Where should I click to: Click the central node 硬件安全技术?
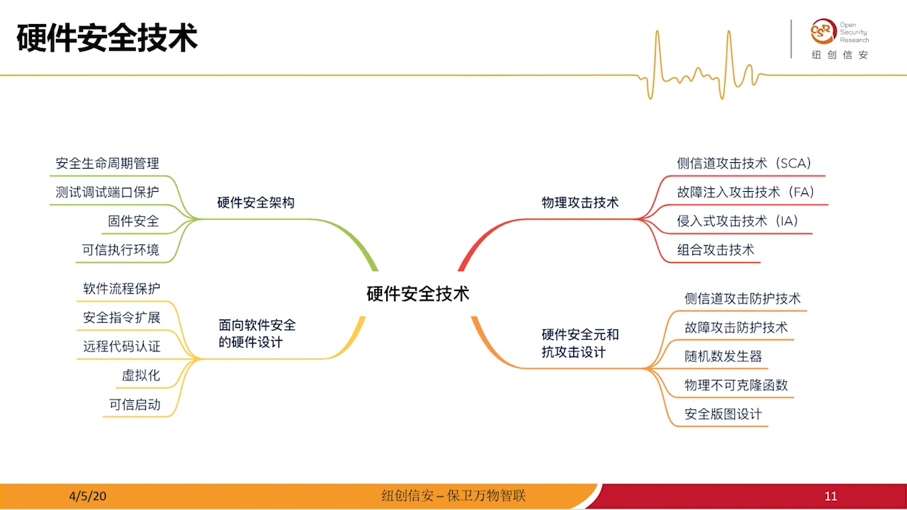pyautogui.click(x=417, y=294)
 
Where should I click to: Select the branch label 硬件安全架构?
pyautogui.click(x=255, y=203)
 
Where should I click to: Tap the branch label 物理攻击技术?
pyautogui.click(x=580, y=203)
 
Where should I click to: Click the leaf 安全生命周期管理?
pyautogui.click(x=108, y=164)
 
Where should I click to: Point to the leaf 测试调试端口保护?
pyautogui.click(x=108, y=192)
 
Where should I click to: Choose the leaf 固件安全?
pyautogui.click(x=133, y=221)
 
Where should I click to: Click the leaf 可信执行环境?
pyautogui.click(x=120, y=249)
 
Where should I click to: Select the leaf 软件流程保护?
pyautogui.click(x=121, y=288)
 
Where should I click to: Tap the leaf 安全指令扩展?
pyautogui.click(x=121, y=317)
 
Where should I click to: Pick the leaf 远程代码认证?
pyautogui.click(x=121, y=346)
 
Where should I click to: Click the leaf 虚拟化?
pyautogui.click(x=140, y=375)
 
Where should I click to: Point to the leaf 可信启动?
pyautogui.click(x=134, y=404)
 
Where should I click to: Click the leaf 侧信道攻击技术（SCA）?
pyautogui.click(x=743, y=164)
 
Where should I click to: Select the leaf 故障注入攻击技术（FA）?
pyautogui.click(x=745, y=192)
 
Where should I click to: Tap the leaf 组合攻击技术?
pyautogui.click(x=715, y=249)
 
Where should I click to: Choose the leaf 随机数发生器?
pyautogui.click(x=723, y=356)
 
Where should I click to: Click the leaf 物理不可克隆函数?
pyautogui.click(x=736, y=385)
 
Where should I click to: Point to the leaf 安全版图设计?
pyautogui.click(x=723, y=414)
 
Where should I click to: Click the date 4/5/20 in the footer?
pyautogui.click(x=88, y=496)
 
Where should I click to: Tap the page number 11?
pyautogui.click(x=830, y=497)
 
